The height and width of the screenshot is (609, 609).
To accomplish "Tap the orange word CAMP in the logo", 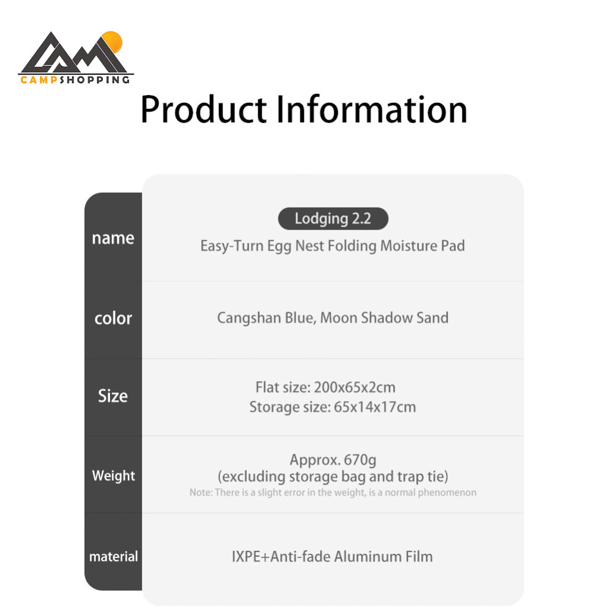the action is point(39,80).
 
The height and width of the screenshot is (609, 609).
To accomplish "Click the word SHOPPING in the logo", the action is point(95,80).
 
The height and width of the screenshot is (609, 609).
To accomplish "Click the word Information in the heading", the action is point(372,109).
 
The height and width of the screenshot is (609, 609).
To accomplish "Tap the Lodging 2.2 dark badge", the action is point(333,219).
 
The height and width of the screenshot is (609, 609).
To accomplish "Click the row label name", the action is point(113,238).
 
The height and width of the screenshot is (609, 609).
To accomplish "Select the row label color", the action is point(113,318).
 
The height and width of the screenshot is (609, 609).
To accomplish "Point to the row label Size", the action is point(112,395).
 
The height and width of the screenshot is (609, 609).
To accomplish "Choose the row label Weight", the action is point(114,476).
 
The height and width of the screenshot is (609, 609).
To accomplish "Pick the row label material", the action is point(114,556).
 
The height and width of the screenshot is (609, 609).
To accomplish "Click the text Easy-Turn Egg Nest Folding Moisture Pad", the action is point(332,246).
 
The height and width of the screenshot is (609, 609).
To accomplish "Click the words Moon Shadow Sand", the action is point(384,318).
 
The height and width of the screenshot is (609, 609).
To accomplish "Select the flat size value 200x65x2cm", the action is point(354,387).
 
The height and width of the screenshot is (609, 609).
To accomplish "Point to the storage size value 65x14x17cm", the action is point(375,407).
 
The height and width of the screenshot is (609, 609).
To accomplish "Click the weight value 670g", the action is point(360,460).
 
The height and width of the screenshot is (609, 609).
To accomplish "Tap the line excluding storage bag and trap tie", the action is point(333,476).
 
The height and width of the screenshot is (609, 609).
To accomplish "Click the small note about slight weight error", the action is point(333,492).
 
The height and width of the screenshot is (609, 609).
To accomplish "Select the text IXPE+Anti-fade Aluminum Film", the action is point(332,557).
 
